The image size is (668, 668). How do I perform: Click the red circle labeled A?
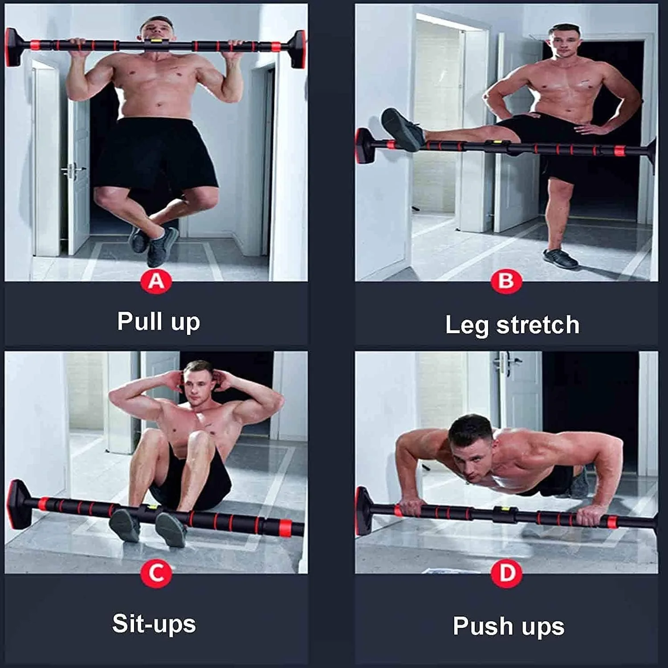pyautogui.click(x=156, y=281)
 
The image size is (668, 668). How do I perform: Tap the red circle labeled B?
pyautogui.click(x=506, y=281)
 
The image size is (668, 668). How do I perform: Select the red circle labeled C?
pyautogui.click(x=156, y=573)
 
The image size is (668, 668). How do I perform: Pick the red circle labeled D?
pyautogui.click(x=507, y=573)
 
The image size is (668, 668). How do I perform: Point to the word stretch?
pyautogui.click(x=538, y=325)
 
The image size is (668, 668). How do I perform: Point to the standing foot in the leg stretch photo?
pyautogui.click(x=560, y=258)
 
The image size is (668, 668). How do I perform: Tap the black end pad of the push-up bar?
pyautogui.click(x=363, y=510)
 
